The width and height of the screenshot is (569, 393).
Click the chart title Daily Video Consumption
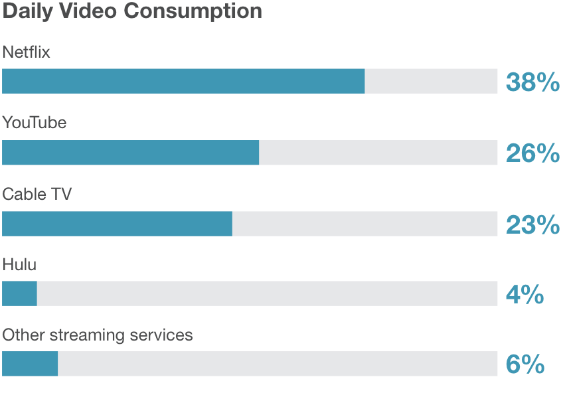[132, 11]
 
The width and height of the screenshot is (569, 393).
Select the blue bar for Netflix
[183, 81]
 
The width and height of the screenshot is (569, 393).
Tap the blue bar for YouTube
[130, 152]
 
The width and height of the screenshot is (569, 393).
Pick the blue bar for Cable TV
[117, 224]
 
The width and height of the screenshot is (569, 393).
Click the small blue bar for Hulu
[19, 293]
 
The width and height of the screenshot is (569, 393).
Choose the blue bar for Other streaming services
[30, 364]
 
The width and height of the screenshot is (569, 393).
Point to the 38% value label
[532, 82]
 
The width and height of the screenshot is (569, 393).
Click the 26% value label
[532, 153]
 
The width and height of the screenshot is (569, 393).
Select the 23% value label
[532, 225]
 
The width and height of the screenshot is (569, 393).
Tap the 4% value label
[525, 294]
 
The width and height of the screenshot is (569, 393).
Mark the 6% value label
[525, 364]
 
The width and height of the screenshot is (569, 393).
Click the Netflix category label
[27, 52]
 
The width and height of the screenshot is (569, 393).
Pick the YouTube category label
[35, 123]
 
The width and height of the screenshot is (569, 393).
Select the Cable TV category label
[37, 195]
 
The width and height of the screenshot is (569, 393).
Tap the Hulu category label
[19, 265]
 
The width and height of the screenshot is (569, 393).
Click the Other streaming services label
[98, 335]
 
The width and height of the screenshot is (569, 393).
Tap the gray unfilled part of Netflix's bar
[431, 81]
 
